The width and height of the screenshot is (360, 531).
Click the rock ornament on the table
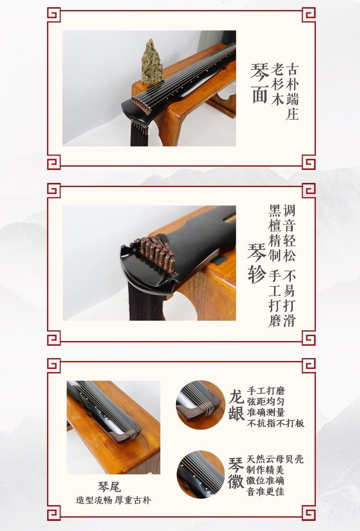coord(151,61)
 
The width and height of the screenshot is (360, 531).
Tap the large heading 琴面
coord(260,83)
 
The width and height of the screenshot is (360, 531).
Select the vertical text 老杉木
coord(277,84)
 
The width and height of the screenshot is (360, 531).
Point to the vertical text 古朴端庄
coord(292,91)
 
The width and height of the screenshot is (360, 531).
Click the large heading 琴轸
coord(257,263)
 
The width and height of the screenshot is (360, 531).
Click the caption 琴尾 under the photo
coord(109,487)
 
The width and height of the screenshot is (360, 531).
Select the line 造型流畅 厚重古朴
coord(113,500)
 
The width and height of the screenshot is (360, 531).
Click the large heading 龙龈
coord(236,405)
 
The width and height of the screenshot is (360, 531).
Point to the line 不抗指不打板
coord(276,423)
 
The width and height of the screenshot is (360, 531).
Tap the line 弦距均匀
coord(266,402)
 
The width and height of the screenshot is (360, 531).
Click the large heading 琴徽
coord(236,473)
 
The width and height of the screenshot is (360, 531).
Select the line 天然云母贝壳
coord(276,459)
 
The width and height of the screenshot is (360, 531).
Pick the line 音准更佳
coord(265,491)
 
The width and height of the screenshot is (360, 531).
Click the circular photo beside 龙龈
coord(201,405)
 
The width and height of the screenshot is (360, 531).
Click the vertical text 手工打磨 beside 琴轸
coord(276,299)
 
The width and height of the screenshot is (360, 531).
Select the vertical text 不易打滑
coord(289,299)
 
